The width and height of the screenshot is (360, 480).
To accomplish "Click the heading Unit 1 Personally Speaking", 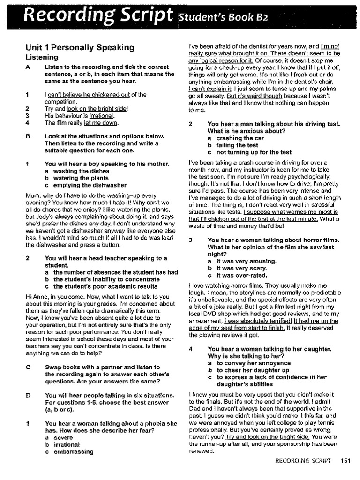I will pos(80,47).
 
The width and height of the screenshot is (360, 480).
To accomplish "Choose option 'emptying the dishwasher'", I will pos(90,185).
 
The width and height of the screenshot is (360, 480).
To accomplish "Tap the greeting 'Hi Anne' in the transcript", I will pos(35,296).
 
